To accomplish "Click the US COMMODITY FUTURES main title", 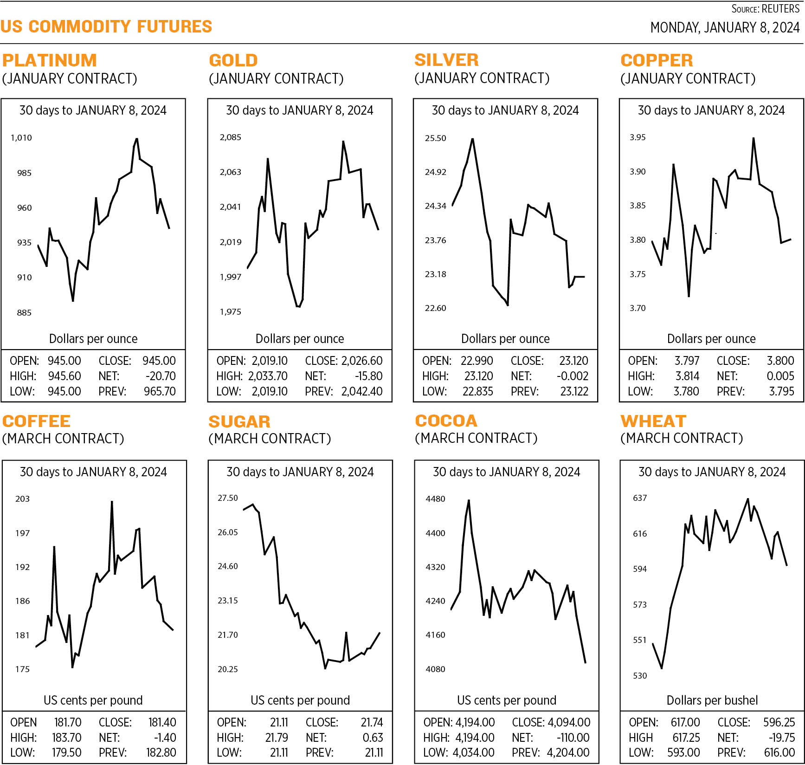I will click(x=106, y=26).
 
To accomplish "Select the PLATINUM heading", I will click(x=49, y=60).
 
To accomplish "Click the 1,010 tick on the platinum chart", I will click(x=21, y=138).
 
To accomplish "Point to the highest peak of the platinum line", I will click(x=136, y=139).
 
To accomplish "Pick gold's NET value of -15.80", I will click(x=368, y=376).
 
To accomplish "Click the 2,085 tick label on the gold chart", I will click(x=230, y=137).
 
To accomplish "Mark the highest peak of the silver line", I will click(x=472, y=139).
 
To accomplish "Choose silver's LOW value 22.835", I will click(x=477, y=391).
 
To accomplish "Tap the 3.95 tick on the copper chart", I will click(x=637, y=137).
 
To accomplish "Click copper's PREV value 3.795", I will click(x=781, y=391).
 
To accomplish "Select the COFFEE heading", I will click(x=36, y=421).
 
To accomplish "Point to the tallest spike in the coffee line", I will click(x=112, y=502).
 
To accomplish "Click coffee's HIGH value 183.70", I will click(x=67, y=738).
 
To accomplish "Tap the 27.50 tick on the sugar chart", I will click(x=227, y=498).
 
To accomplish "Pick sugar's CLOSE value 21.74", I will click(x=372, y=722).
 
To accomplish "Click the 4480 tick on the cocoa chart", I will click(x=435, y=499).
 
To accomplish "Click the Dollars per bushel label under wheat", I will click(x=712, y=700).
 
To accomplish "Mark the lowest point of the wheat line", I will click(x=661, y=668).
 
